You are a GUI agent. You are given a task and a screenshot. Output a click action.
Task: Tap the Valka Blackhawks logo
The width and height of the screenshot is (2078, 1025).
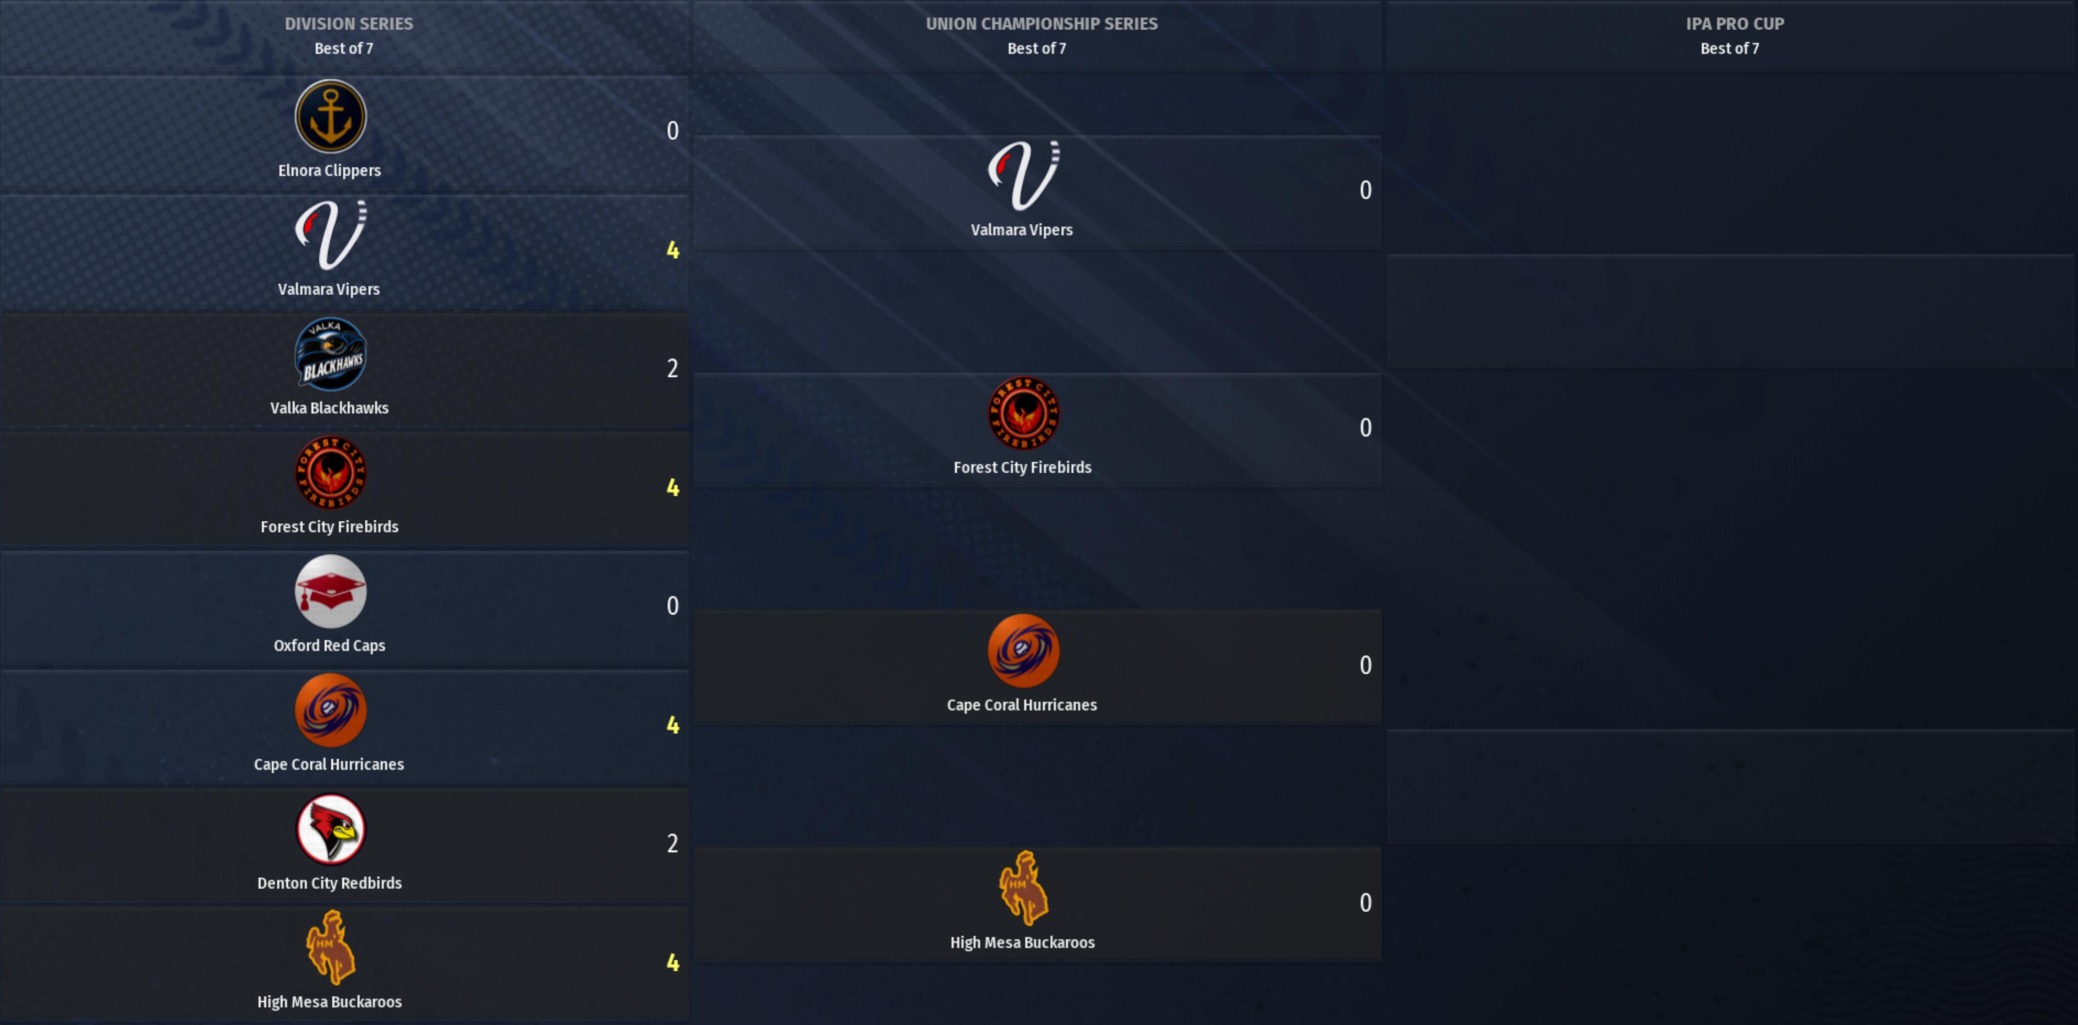(330, 354)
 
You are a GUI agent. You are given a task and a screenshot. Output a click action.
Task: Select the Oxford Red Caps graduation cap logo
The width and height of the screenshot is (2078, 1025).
(330, 592)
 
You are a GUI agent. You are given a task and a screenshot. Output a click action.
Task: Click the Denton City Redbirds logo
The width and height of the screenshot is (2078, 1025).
(330, 829)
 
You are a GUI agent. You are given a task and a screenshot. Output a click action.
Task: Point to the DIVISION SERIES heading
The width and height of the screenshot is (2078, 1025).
(348, 24)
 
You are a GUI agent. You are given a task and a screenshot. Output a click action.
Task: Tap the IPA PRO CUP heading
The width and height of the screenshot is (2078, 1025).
(1734, 24)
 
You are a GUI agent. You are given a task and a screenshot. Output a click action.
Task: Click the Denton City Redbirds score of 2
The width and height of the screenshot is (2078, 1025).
(672, 844)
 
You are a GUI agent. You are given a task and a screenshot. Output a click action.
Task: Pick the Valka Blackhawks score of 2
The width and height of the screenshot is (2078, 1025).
(672, 368)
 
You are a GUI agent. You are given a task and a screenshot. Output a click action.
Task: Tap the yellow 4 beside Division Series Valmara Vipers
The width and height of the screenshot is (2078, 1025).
(672, 250)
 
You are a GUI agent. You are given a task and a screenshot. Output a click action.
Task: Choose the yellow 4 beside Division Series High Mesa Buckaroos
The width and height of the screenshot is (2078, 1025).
(672, 963)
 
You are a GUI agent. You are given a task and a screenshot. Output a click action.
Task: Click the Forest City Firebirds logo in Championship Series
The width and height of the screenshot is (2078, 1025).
(1023, 413)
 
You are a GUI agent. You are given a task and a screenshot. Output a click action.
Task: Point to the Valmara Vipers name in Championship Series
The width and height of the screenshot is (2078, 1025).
(1021, 230)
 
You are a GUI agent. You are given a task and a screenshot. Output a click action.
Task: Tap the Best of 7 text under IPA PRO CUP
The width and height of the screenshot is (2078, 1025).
(1730, 48)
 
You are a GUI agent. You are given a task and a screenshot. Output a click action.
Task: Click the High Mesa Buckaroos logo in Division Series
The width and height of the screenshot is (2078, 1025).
(330, 947)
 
